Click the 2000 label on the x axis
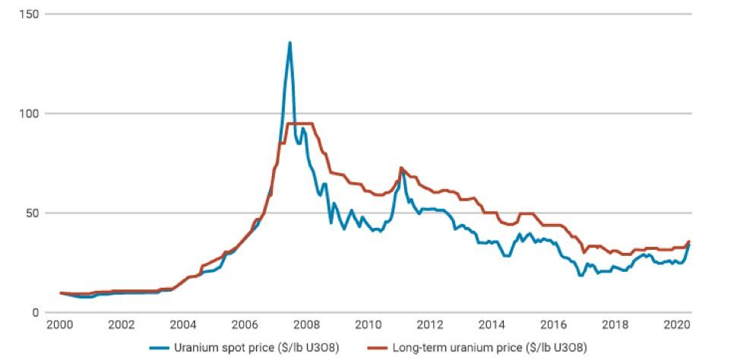pos(60,325)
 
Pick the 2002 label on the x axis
pos(122,325)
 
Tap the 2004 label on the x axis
pos(183,325)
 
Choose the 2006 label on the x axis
pos(245,325)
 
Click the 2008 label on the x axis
pos(306,325)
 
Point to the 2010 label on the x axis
pos(368,325)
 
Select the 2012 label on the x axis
pos(429,325)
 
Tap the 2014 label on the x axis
pos(491,325)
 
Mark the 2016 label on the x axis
pos(552,325)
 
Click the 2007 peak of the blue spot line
pos(289,43)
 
